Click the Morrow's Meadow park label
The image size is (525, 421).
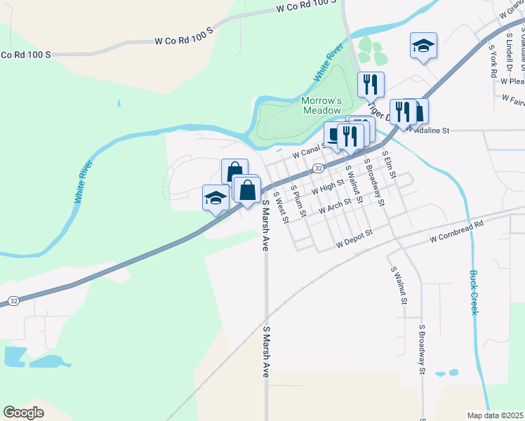point(321,105)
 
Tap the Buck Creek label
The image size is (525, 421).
point(474,292)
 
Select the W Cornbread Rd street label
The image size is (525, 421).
point(458,232)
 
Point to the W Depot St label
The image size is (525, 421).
point(355,243)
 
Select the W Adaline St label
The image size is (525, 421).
point(434,130)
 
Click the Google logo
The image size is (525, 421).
point(24,413)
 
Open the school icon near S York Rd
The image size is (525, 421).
point(423,46)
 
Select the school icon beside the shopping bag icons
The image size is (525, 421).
point(215,197)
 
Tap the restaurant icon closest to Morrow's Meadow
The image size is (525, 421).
point(371,85)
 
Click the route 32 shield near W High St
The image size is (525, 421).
point(319,168)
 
